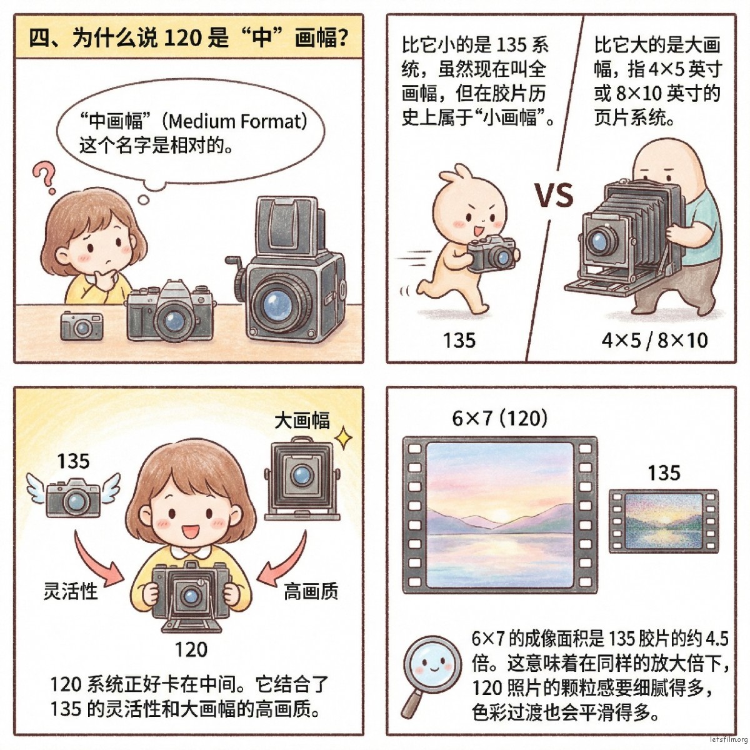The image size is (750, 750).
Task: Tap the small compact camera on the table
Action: point(82,326)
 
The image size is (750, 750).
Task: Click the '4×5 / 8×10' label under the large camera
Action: point(655,340)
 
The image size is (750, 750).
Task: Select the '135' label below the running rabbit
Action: point(459,340)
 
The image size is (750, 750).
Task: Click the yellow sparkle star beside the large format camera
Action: point(343,438)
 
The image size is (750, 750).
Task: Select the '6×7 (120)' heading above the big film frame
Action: point(500,419)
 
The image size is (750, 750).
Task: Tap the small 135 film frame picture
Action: point(664,521)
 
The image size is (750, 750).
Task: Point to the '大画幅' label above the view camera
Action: point(302,421)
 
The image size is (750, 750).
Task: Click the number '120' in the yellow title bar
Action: point(183,38)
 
